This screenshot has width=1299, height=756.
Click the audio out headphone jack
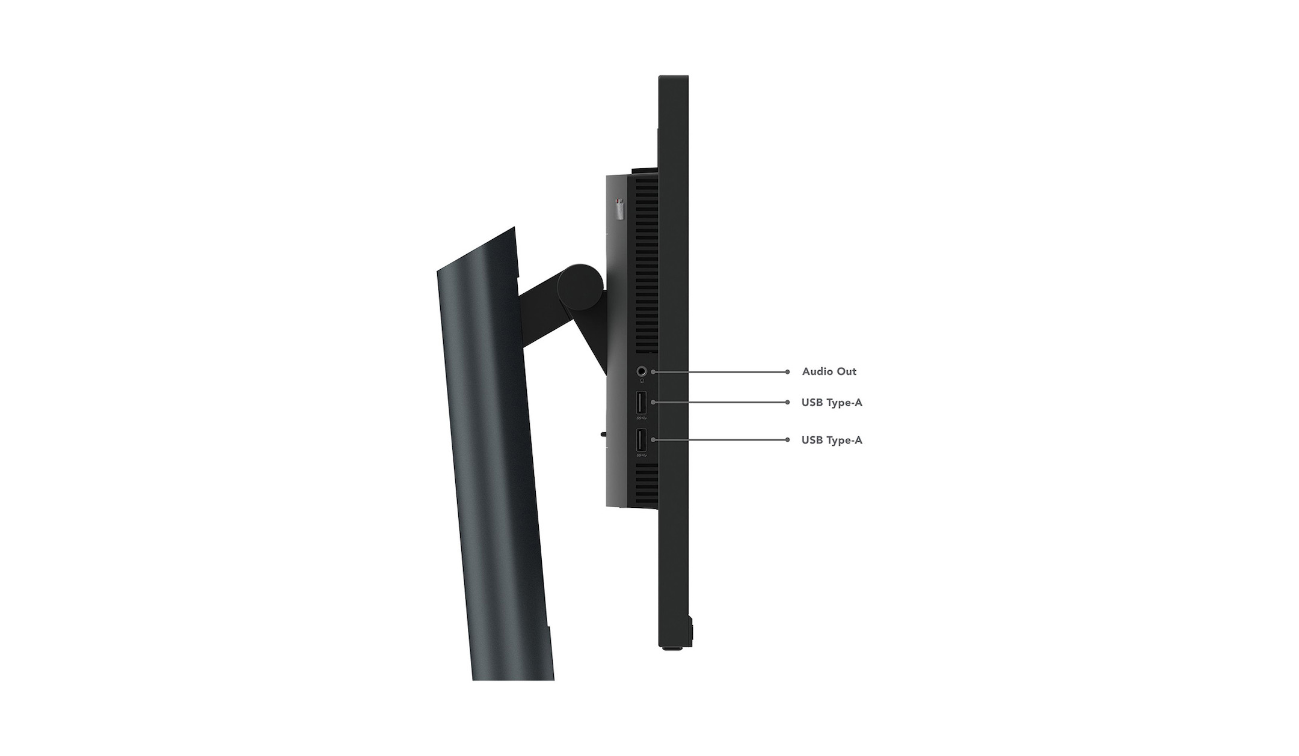[642, 372]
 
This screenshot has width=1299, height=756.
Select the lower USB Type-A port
[641, 440]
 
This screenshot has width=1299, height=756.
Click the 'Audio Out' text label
[829, 371]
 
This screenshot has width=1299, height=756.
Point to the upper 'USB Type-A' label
[832, 403]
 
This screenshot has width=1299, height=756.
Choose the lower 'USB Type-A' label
[832, 440]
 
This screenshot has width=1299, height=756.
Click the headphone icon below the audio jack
[642, 381]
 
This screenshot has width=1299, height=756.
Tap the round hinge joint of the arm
[580, 286]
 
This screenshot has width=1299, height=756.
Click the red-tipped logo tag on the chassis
[620, 209]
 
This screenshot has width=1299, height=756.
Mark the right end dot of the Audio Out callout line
[787, 372]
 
